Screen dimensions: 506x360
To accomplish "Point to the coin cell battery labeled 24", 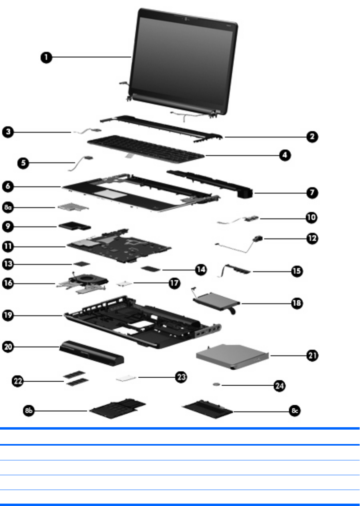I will tap(217, 384).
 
